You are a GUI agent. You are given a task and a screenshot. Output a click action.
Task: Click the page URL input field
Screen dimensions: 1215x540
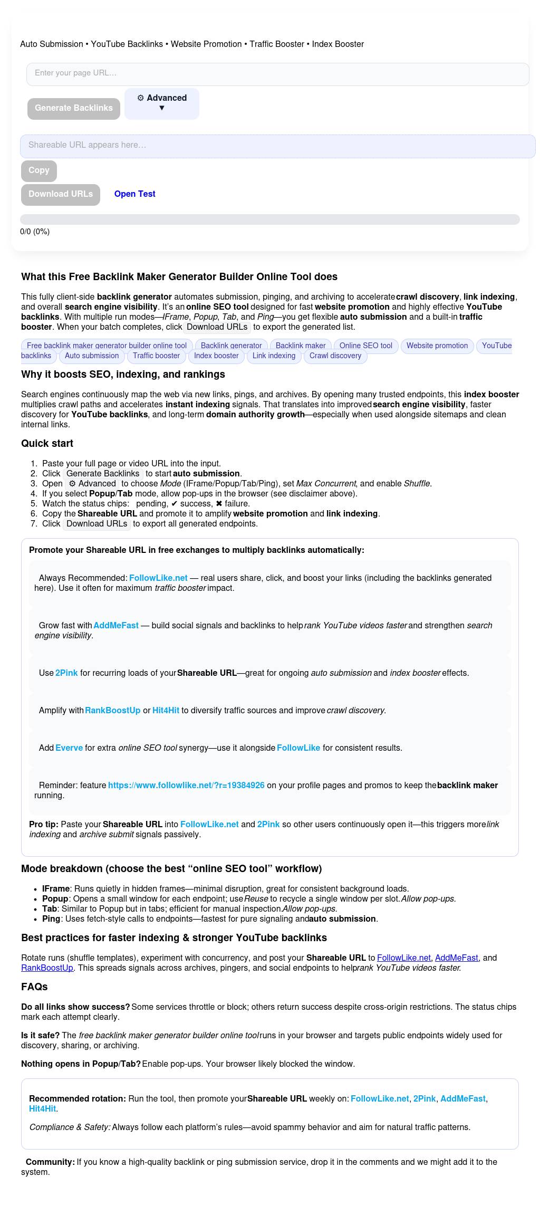[277, 74]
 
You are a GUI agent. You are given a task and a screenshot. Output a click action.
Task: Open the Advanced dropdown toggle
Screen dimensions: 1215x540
[162, 103]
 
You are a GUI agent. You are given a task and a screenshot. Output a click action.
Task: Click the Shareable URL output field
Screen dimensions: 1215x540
[277, 146]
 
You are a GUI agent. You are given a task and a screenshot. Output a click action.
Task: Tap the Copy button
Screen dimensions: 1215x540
[39, 170]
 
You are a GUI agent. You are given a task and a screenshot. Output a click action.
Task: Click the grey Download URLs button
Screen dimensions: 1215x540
[61, 194]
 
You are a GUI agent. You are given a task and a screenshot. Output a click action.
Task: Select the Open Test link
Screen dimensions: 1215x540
[134, 194]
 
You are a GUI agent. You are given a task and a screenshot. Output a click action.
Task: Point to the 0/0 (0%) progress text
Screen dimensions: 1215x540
[35, 232]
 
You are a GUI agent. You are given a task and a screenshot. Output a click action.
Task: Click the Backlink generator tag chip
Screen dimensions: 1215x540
[231, 346]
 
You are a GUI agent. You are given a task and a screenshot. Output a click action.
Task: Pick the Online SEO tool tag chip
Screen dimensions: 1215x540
[365, 346]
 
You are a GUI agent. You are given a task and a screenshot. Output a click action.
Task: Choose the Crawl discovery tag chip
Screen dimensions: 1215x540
[335, 356]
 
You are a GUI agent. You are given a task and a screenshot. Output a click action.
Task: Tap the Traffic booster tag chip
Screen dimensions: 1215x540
[156, 356]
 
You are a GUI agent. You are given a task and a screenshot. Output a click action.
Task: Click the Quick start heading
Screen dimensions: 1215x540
[47, 444]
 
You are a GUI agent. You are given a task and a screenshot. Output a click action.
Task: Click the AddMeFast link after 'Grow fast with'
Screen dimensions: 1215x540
[116, 625]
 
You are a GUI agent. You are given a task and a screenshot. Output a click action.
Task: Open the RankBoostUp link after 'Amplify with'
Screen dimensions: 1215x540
[113, 710]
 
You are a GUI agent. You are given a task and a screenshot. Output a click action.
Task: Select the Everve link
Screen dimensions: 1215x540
[69, 748]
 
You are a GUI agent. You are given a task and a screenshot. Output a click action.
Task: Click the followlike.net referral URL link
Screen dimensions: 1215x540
[186, 785]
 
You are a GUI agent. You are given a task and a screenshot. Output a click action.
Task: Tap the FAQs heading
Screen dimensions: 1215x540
[34, 987]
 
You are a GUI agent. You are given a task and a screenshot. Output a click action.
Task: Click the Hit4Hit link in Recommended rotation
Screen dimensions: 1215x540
[42, 1108]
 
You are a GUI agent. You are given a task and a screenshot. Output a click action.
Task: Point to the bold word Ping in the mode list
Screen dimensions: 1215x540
[51, 919]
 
